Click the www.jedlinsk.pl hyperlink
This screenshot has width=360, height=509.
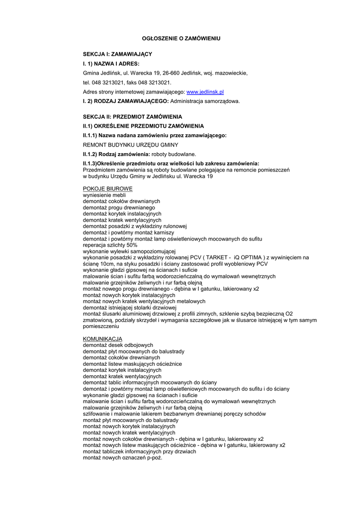click(205, 92)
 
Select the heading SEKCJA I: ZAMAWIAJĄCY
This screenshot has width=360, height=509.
click(117, 54)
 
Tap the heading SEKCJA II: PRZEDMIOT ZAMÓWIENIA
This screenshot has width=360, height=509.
click(132, 116)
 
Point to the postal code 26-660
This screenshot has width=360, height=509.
click(171, 73)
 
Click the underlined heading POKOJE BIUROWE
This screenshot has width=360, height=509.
click(108, 189)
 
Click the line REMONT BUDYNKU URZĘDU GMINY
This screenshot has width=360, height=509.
click(130, 145)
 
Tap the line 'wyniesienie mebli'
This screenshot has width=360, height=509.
click(104, 195)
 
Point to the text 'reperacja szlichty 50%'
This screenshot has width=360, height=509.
click(110, 245)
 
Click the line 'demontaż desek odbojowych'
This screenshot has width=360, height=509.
click(118, 345)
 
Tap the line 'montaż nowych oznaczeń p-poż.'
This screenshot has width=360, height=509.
click(122, 458)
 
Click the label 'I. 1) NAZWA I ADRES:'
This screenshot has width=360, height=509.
click(111, 64)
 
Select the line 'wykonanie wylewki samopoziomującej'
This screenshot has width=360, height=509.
click(129, 252)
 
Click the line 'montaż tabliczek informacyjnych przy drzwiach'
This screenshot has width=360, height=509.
click(139, 451)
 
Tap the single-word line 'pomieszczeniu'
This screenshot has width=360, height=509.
click(101, 327)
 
